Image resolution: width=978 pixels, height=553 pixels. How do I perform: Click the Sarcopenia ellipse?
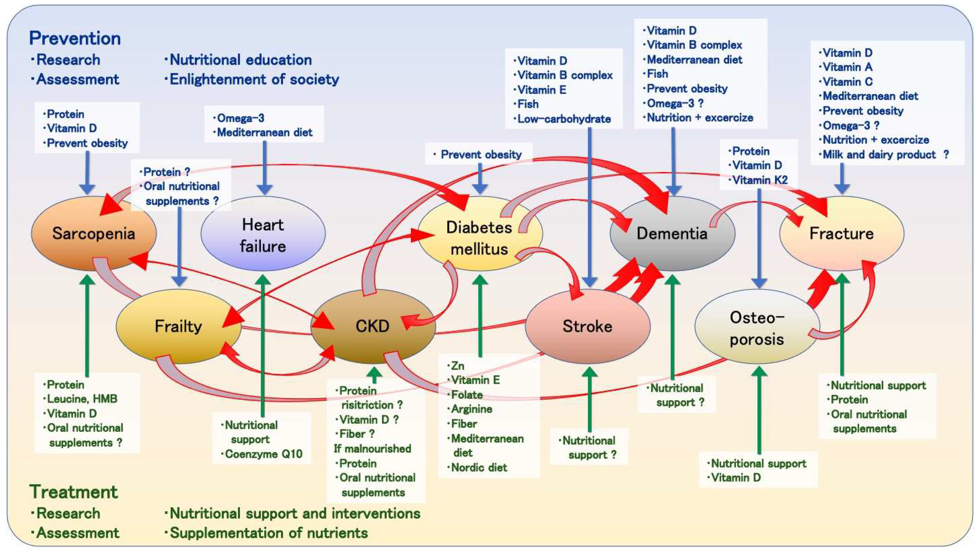93,233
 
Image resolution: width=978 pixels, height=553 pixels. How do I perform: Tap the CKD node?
372,326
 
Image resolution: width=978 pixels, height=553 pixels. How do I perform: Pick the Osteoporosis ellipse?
757,328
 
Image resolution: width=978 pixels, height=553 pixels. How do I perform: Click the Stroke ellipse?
588,326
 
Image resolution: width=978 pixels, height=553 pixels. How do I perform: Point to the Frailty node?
178,326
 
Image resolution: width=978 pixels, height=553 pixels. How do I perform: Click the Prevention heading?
75,38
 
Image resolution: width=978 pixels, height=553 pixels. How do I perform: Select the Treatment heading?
74,492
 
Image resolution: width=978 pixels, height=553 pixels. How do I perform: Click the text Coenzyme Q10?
264,454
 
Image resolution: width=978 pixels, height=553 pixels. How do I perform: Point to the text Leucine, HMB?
82,399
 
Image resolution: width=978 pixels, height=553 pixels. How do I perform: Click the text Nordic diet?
479,467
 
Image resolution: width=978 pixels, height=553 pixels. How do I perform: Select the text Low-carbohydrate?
564,119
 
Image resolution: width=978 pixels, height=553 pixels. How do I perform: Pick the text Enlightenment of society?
254,80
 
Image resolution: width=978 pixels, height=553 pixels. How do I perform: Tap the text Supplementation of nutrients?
268,533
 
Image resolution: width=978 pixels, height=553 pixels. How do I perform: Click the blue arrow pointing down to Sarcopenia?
87,173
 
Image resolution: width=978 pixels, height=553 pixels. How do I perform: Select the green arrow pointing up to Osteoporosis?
759,410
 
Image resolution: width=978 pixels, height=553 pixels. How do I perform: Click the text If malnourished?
372,449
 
